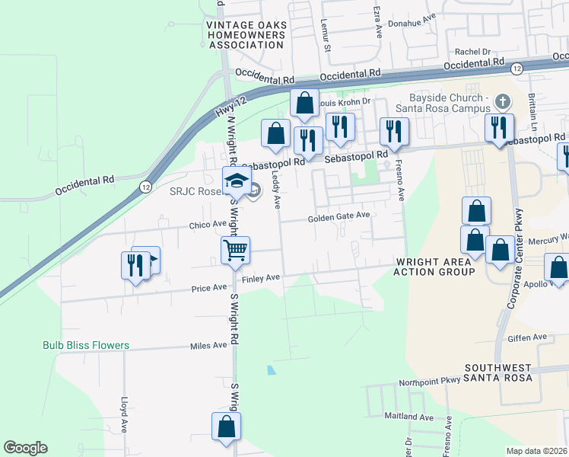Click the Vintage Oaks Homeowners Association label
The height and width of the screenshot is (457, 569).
click(246, 35)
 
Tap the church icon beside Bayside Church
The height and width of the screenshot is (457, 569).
click(501, 101)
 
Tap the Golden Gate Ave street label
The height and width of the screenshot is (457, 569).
click(339, 216)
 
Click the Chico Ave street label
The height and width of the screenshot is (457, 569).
click(208, 225)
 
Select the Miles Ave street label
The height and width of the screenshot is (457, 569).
click(209, 345)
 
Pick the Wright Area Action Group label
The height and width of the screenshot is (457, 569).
click(434, 266)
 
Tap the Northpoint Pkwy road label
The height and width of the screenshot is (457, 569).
click(426, 380)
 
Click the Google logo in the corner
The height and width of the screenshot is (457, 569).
click(25, 448)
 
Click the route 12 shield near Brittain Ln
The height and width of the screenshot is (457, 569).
click(517, 69)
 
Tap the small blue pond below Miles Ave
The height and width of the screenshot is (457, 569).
click(271, 371)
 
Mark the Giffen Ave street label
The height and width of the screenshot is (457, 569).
click(529, 337)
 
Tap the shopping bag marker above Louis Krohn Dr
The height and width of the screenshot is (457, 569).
click(304, 104)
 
